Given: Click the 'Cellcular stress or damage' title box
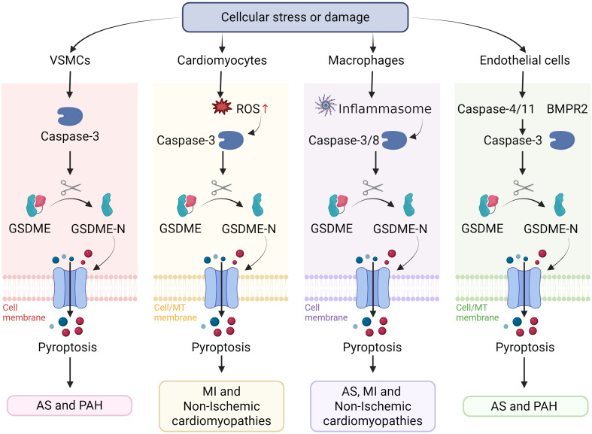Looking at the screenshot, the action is (x=295, y=17).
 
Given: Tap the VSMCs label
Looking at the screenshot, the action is (x=70, y=60).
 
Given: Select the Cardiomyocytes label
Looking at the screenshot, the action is (x=222, y=60).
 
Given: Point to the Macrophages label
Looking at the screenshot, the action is (x=366, y=60).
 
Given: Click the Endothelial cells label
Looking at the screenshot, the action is (x=525, y=60).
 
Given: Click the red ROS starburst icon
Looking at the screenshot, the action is (x=222, y=107).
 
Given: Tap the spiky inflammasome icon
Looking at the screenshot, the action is (x=326, y=105).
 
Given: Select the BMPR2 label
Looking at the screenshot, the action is (x=567, y=109).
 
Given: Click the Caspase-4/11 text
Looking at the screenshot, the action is (x=496, y=109).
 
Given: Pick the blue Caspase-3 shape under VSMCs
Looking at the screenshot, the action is (x=70, y=117).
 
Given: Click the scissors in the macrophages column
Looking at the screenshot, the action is (x=372, y=187).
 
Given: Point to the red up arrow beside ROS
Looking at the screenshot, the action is (x=265, y=109).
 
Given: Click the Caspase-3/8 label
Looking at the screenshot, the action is (x=344, y=141).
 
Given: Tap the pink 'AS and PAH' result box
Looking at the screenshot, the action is (x=69, y=405).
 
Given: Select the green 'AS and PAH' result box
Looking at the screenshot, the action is (x=525, y=406).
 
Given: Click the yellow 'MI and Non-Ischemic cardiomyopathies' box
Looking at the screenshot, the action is (x=222, y=406).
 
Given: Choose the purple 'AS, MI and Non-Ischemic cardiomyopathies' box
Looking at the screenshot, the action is (x=372, y=406).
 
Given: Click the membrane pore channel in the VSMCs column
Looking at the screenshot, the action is (x=70, y=288).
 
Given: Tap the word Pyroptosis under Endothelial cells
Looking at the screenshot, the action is (x=525, y=348).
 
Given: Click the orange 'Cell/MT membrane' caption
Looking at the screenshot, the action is (x=175, y=312).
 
